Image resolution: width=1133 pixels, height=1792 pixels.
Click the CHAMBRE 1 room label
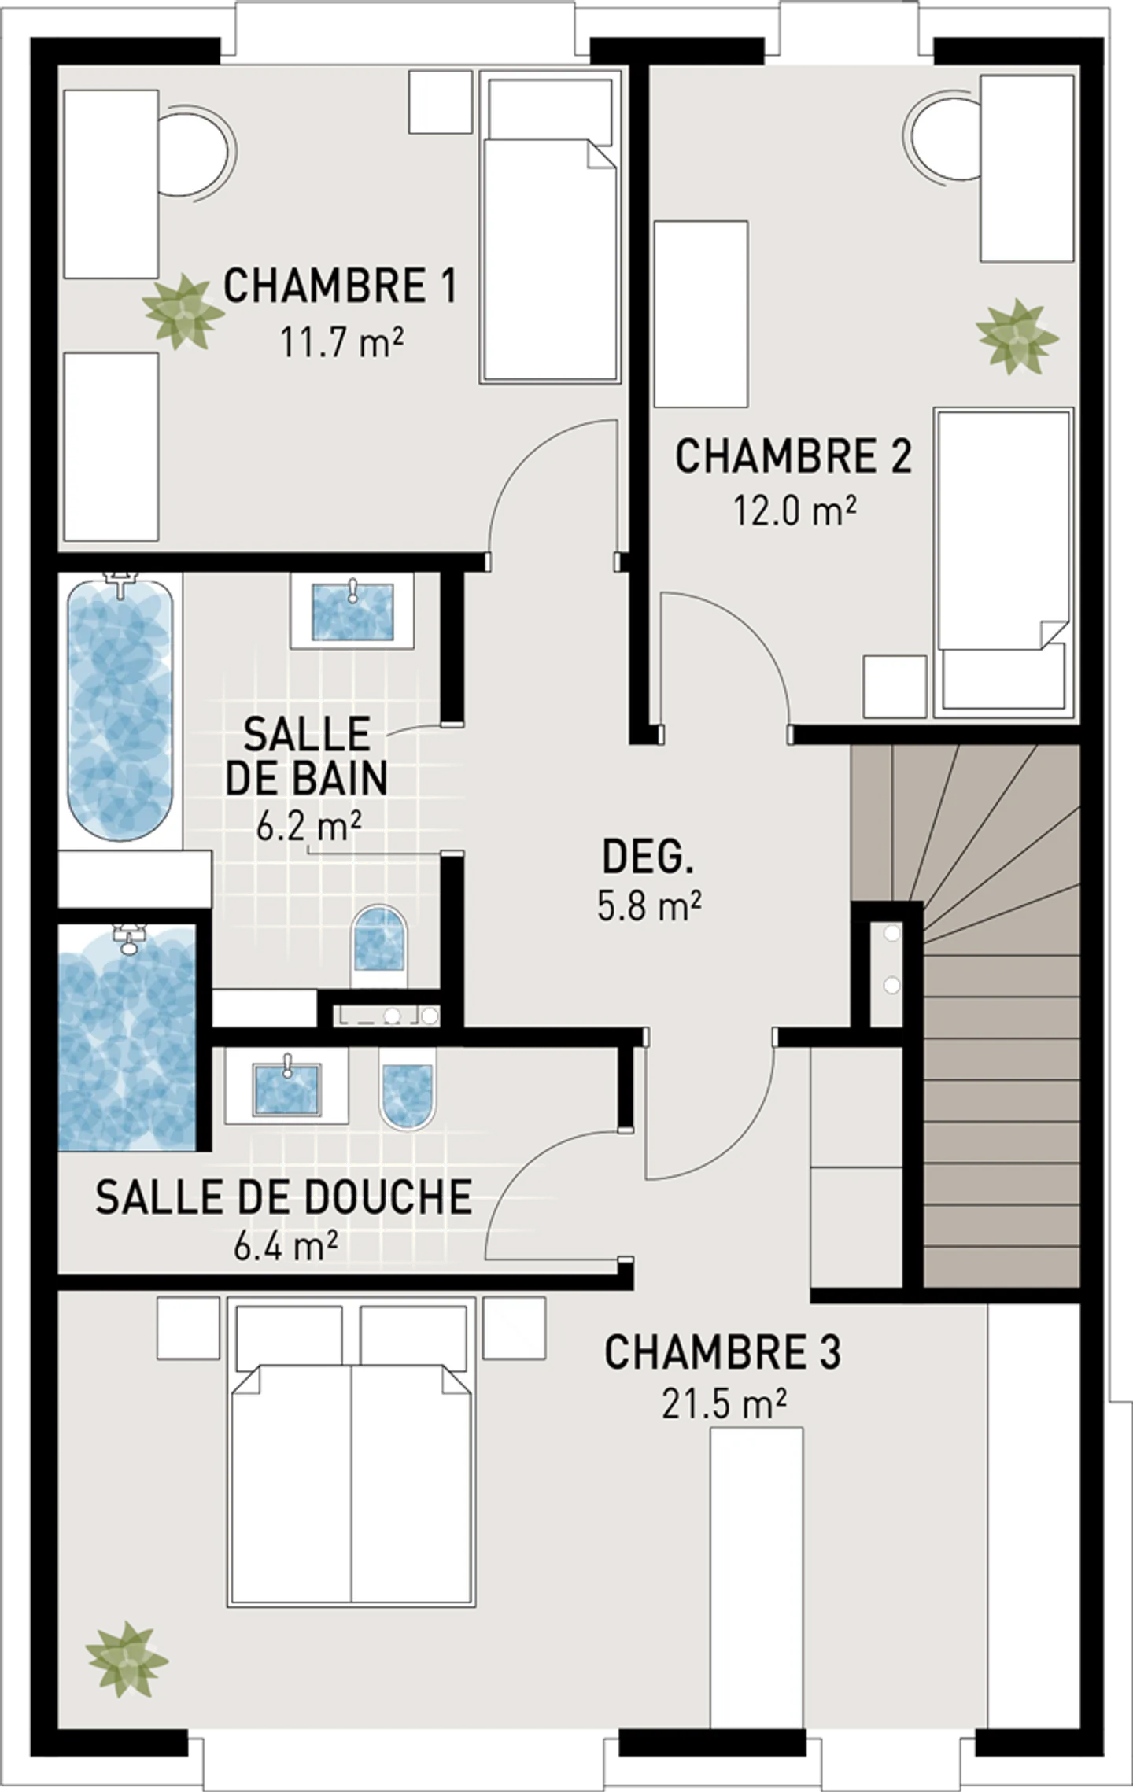340,286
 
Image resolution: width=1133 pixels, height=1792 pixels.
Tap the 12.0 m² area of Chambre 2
795,511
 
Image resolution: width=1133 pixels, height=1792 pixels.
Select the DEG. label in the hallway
648,857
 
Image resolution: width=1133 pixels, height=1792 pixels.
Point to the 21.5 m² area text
724,1405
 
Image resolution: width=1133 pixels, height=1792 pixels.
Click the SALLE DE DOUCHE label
283,1198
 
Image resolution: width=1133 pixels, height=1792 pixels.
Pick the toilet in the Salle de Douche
408,1090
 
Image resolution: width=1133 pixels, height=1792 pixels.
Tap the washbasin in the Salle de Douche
287,1089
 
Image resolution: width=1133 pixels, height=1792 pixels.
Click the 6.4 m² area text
286,1247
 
